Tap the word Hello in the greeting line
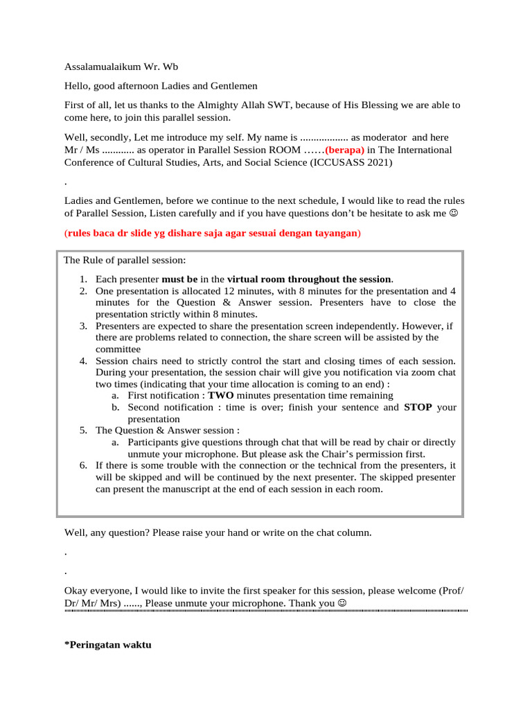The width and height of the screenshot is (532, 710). [77, 86]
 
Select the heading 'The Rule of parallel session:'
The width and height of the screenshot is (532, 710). [125, 261]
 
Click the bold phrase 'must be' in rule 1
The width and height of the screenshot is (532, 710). [179, 279]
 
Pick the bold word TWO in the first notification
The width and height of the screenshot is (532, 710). [222, 395]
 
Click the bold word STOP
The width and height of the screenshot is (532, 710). [418, 407]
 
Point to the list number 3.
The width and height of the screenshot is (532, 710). [82, 325]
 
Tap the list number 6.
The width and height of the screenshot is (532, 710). [82, 465]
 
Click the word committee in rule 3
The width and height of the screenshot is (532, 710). [118, 349]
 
